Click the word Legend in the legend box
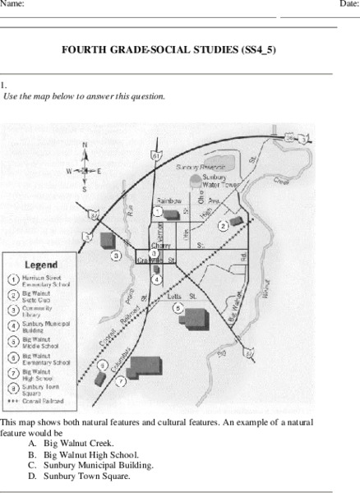(x=40, y=265)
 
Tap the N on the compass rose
(x=84, y=145)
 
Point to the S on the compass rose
(x=84, y=189)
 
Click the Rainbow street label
(x=170, y=200)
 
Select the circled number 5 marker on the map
(x=178, y=307)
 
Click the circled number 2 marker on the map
(x=222, y=225)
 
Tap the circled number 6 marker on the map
(x=102, y=365)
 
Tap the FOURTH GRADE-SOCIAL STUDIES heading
(x=168, y=50)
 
